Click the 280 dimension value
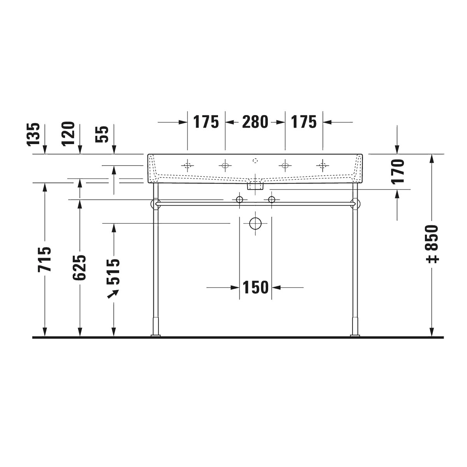point(255,122)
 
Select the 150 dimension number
point(255,288)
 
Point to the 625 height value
point(80,267)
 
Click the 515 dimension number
point(114,272)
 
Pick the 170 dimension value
point(398,171)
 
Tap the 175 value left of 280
point(206,122)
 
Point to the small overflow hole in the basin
point(255,160)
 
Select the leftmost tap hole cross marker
point(188,166)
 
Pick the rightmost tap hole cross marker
point(323,166)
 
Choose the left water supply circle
point(239,200)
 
